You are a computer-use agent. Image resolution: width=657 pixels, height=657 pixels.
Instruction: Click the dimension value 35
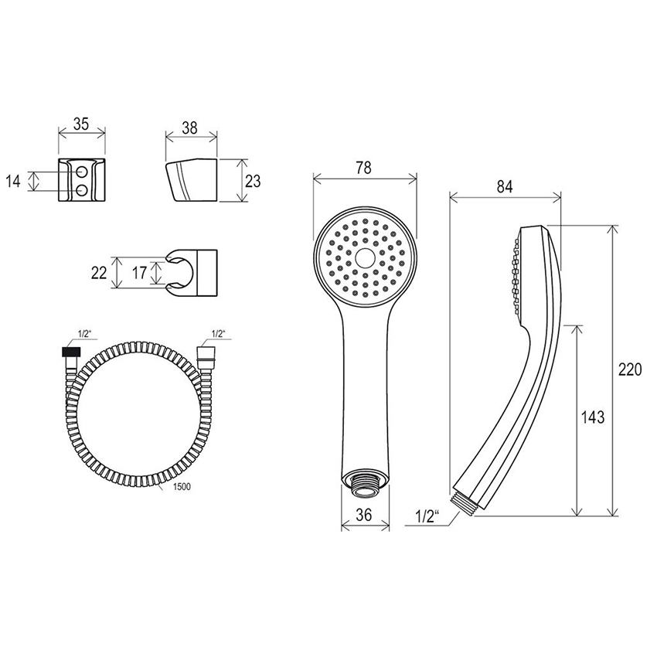click(x=81, y=124)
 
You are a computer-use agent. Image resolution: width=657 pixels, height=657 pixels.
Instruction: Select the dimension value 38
click(x=190, y=128)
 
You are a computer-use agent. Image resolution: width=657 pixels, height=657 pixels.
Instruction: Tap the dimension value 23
click(x=253, y=181)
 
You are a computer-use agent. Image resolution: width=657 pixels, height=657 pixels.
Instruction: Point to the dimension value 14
click(x=13, y=182)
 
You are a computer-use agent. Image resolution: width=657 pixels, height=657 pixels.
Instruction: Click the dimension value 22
click(x=99, y=273)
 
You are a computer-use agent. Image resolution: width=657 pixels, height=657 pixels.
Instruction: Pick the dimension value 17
click(x=139, y=273)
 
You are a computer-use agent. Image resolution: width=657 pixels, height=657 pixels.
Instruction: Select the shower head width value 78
click(x=363, y=168)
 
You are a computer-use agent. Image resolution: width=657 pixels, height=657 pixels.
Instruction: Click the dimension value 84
click(x=505, y=187)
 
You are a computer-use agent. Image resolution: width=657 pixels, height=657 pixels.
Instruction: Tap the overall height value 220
click(x=630, y=369)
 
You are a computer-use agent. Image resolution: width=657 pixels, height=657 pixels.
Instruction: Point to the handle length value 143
click(x=593, y=417)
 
